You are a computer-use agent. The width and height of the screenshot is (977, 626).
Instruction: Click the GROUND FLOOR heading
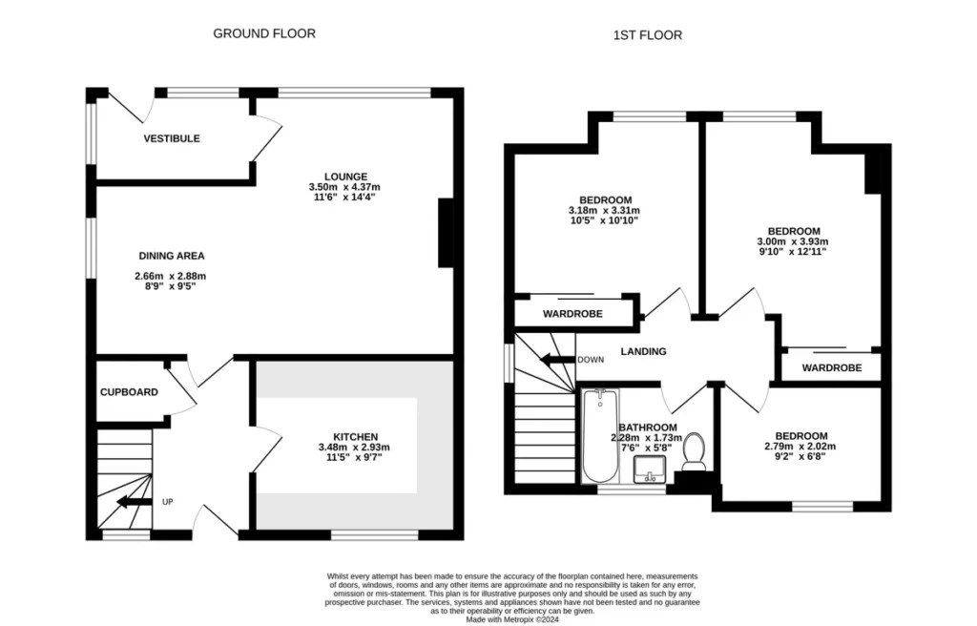click(x=263, y=33)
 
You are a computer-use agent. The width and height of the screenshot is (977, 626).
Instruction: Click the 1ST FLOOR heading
click(x=647, y=35)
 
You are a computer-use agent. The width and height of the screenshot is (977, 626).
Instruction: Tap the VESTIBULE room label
click(x=172, y=138)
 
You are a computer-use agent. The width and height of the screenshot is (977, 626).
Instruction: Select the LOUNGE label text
click(x=345, y=176)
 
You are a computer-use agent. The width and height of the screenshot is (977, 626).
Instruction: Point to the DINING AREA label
click(x=172, y=256)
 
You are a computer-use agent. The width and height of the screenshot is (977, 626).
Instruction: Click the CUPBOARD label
click(x=129, y=391)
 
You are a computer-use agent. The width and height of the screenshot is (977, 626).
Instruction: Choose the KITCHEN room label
click(x=354, y=436)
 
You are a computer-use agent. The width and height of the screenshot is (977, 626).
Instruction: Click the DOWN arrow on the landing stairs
click(x=555, y=360)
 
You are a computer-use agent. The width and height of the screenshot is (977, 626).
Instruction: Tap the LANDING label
click(x=643, y=351)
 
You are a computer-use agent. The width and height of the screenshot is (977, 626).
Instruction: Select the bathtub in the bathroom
click(x=599, y=436)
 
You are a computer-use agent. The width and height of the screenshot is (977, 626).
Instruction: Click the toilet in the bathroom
click(x=694, y=451)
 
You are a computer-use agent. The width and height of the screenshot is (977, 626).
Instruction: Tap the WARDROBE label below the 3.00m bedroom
click(x=831, y=367)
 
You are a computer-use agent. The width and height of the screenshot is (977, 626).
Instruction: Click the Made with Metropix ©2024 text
click(x=513, y=619)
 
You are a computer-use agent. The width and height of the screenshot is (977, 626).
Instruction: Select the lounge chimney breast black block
click(x=446, y=234)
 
